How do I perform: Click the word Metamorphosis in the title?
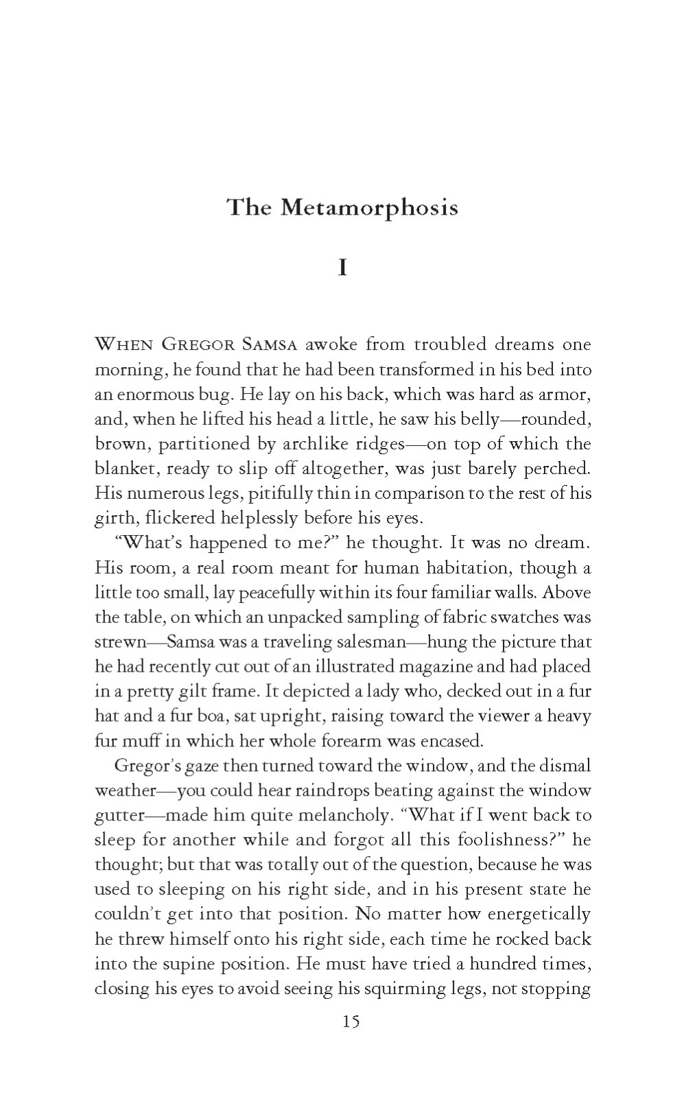click(x=369, y=207)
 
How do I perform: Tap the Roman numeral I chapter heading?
click(x=342, y=267)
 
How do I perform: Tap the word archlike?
click(x=314, y=444)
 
